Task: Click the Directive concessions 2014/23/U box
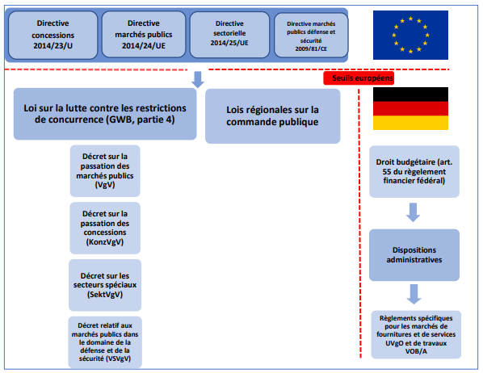point(53,35)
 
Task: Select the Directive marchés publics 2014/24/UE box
point(144,34)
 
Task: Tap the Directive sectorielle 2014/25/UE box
point(229,35)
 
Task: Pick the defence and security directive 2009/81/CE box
point(311,35)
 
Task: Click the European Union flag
point(410,35)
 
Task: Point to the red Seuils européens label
point(359,78)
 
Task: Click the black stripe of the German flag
point(410,94)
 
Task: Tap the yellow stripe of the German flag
point(410,123)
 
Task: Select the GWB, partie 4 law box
point(105,114)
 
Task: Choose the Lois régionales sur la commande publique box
point(273,116)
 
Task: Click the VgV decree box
point(105,171)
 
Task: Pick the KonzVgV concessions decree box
point(105,228)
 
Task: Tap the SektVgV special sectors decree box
point(105,285)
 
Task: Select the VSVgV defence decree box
point(105,342)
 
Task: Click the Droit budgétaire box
point(414,171)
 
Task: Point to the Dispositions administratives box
point(414,255)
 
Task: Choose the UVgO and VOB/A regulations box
point(416,334)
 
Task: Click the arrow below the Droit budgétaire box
point(413,212)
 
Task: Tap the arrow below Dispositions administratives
point(414,294)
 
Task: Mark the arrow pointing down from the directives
point(198,79)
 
